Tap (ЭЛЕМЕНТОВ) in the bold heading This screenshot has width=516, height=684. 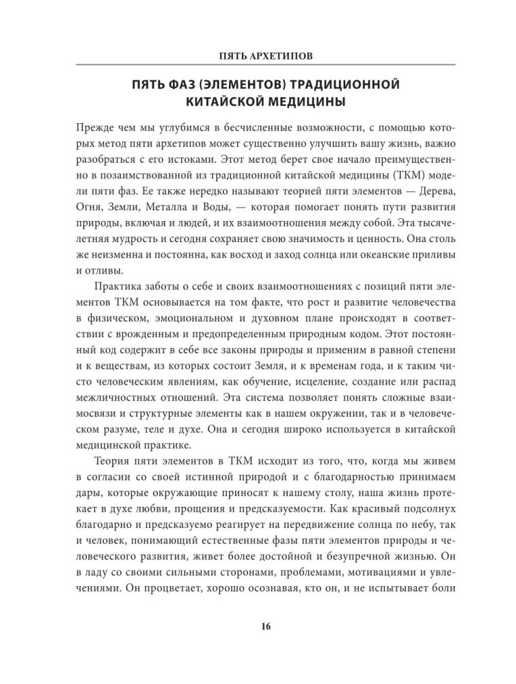256,85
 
